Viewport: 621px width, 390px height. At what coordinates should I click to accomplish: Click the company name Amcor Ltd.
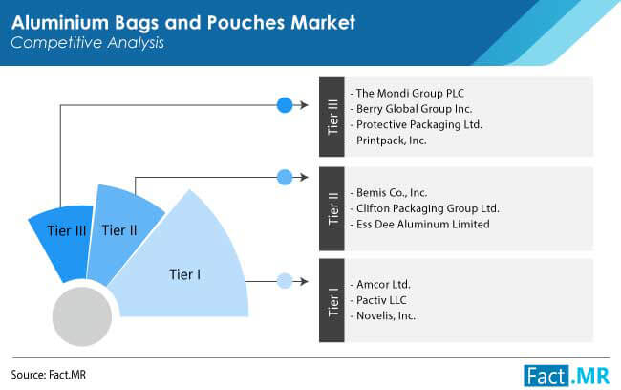pos(383,284)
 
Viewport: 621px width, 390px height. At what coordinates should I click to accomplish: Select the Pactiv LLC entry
pos(381,300)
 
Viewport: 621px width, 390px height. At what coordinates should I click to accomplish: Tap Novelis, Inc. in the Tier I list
pos(386,315)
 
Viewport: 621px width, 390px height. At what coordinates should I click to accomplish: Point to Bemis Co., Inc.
pos(392,193)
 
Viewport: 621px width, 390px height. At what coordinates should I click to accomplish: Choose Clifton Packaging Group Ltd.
pos(428,208)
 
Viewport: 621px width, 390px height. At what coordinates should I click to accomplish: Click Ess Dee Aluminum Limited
pos(423,225)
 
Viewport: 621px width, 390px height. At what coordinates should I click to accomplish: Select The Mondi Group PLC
pos(410,93)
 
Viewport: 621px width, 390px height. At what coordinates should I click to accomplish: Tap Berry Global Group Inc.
pos(415,109)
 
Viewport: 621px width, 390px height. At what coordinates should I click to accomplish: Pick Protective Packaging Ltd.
pos(419,124)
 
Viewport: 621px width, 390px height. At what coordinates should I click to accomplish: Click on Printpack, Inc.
pos(392,141)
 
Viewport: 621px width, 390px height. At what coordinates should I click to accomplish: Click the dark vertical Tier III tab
pos(332,117)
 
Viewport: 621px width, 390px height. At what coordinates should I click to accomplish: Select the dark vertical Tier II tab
pos(332,209)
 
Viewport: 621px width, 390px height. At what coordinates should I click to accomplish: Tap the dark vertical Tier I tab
pos(332,300)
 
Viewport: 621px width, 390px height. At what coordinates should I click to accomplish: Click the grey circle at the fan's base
pos(82,316)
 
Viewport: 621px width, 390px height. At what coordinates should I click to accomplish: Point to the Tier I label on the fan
pos(185,274)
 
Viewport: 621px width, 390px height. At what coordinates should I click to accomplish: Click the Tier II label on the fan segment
pos(119,230)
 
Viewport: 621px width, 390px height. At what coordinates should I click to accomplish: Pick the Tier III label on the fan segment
pos(67,230)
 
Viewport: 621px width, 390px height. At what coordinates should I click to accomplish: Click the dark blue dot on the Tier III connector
pos(285,105)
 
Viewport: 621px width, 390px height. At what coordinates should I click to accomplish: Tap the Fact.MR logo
pos(567,376)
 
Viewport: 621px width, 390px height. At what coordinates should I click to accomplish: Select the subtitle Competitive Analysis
pos(87,43)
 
